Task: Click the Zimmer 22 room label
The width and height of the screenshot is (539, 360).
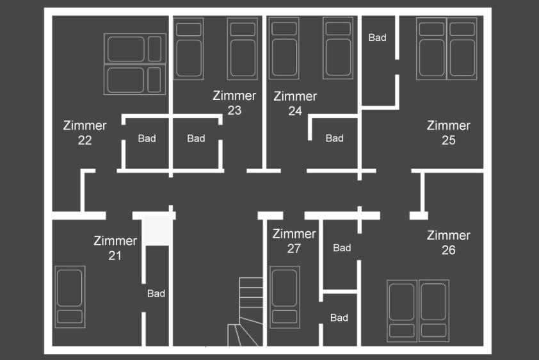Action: [85, 133]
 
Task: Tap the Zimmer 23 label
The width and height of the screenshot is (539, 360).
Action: [234, 102]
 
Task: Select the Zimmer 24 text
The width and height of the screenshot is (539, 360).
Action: [295, 104]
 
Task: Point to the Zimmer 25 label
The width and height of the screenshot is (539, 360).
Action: [449, 133]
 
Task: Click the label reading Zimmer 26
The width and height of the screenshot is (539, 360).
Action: [449, 242]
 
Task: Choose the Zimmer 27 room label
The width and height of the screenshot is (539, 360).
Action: [294, 241]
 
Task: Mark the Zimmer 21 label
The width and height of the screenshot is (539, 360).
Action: [115, 248]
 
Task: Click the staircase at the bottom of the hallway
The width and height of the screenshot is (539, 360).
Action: [245, 311]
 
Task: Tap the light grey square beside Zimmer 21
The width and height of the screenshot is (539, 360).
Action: [156, 231]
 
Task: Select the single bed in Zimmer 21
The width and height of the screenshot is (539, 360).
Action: [70, 297]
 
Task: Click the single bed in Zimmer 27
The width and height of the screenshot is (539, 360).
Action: [285, 297]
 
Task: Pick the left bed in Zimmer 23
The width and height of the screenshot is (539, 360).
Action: [188, 49]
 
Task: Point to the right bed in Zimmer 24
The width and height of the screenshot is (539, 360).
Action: [338, 48]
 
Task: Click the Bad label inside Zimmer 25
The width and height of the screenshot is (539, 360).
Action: [378, 38]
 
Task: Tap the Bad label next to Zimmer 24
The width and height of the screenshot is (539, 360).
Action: [334, 138]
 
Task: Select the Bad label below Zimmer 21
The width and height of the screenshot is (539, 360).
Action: [156, 293]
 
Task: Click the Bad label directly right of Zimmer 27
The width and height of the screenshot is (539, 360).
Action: [342, 248]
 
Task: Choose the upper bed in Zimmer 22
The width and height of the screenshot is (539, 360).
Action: [135, 49]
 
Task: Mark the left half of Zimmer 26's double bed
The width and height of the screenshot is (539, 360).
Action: [402, 311]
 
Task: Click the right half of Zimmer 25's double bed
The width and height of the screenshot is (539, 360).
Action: [462, 49]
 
